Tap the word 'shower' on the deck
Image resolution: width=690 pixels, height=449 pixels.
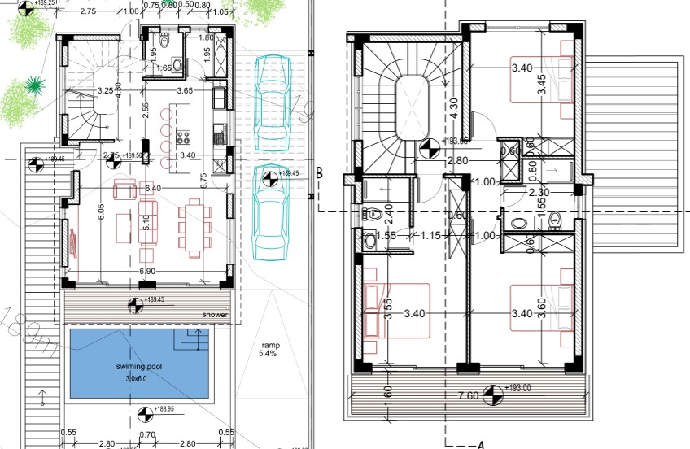coord(216,315)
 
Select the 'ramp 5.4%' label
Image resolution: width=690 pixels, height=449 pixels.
coord(268,350)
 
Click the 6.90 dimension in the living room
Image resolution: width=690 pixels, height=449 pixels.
coord(146,270)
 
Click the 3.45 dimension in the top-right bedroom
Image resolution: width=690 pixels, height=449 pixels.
coord(542,85)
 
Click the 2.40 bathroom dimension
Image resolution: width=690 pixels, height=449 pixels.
coord(389,214)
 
